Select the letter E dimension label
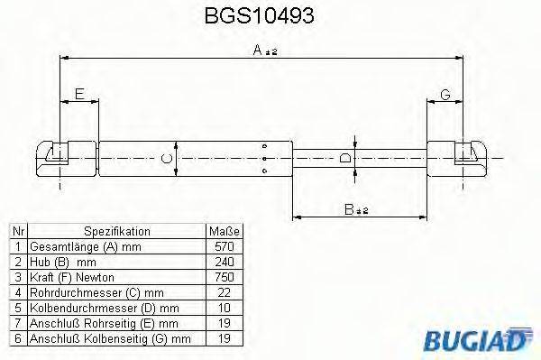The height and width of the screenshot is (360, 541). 79,95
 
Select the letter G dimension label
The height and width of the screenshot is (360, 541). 445,95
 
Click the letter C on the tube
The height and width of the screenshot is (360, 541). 163,160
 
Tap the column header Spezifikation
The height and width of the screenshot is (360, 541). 110,232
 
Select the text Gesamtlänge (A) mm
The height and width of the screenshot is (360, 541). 75,246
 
